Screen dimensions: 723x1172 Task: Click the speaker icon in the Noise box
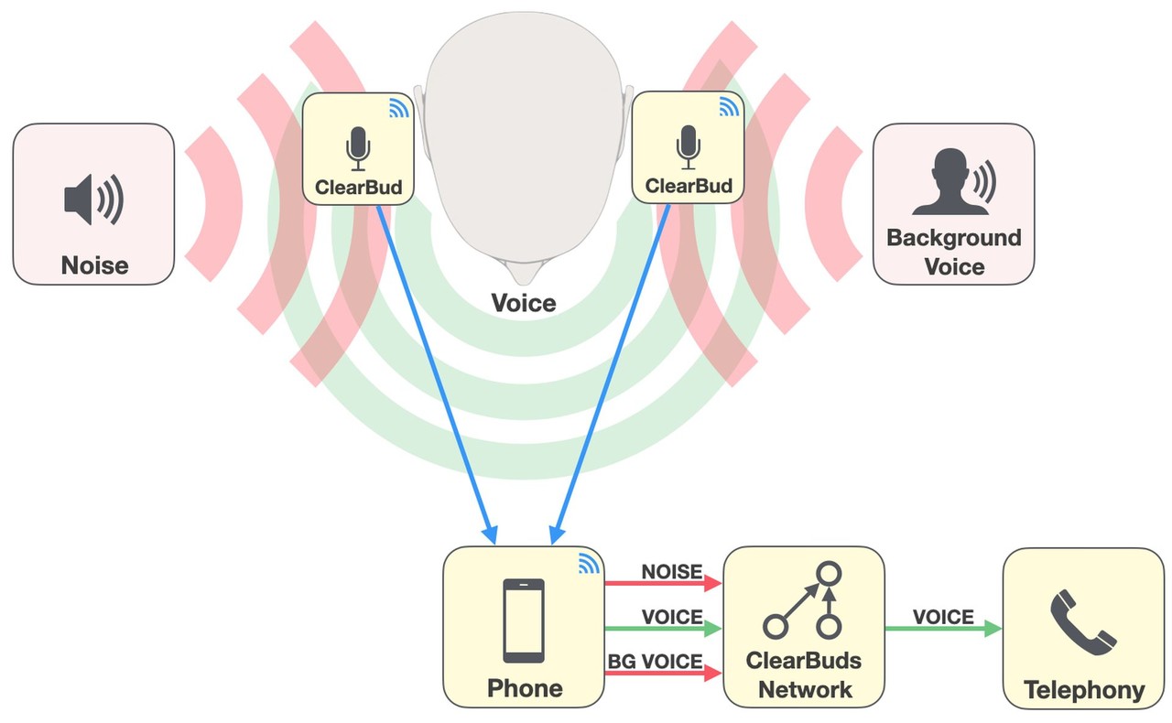click(92, 199)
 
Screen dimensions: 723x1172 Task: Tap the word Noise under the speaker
click(94, 265)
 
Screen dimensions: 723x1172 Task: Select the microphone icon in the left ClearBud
click(358, 148)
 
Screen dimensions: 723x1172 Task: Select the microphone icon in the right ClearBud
click(688, 148)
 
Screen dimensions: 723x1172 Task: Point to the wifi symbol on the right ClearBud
click(729, 108)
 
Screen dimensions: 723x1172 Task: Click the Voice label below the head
click(524, 302)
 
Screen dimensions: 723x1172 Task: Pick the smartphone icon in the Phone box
click(524, 620)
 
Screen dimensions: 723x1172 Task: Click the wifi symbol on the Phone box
click(588, 565)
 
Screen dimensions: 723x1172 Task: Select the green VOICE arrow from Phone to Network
click(664, 629)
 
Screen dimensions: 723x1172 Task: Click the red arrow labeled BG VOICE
click(664, 674)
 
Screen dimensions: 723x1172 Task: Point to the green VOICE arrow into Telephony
click(943, 629)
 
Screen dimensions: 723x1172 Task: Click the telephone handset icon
click(1084, 622)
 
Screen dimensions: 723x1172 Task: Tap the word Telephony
click(1084, 690)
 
